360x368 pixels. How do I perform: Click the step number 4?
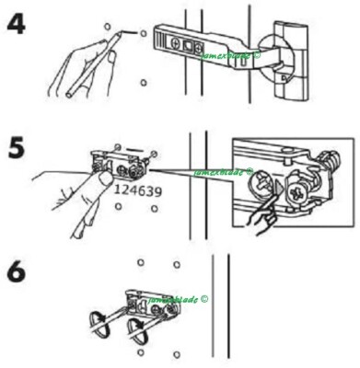tap(17, 24)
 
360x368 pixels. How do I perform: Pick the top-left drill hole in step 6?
tap(140, 262)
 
